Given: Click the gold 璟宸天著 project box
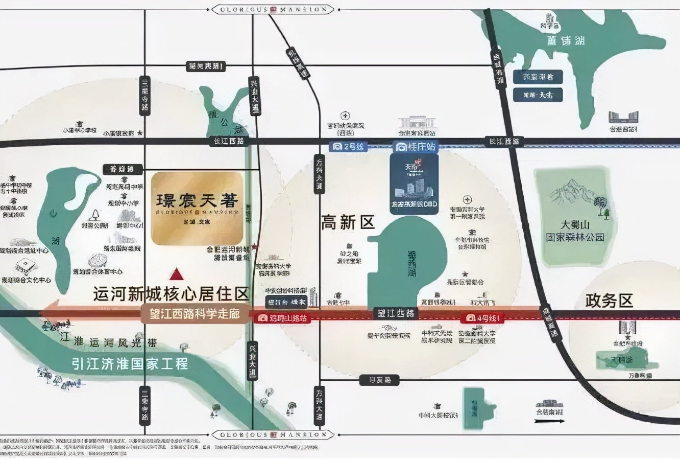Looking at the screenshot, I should coord(197,208).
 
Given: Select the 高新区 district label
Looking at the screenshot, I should coord(348,222).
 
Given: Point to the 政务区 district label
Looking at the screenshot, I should coord(609,301).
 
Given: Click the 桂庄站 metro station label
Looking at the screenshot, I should coord(416,147).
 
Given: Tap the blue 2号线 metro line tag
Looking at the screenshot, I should coord(349,147).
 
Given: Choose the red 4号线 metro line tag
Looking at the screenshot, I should coord(482,318).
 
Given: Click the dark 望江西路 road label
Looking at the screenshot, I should coord(396,313).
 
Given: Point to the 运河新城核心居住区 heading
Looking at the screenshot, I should coord(171,294).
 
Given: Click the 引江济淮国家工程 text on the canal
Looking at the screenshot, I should coord(130,363).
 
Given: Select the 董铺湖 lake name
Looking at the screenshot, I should coord(566,41).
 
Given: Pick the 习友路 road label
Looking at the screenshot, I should coord(379,380).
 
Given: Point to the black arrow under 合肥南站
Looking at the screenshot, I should coord(549,421).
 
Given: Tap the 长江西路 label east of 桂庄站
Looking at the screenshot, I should coord(504,142).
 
